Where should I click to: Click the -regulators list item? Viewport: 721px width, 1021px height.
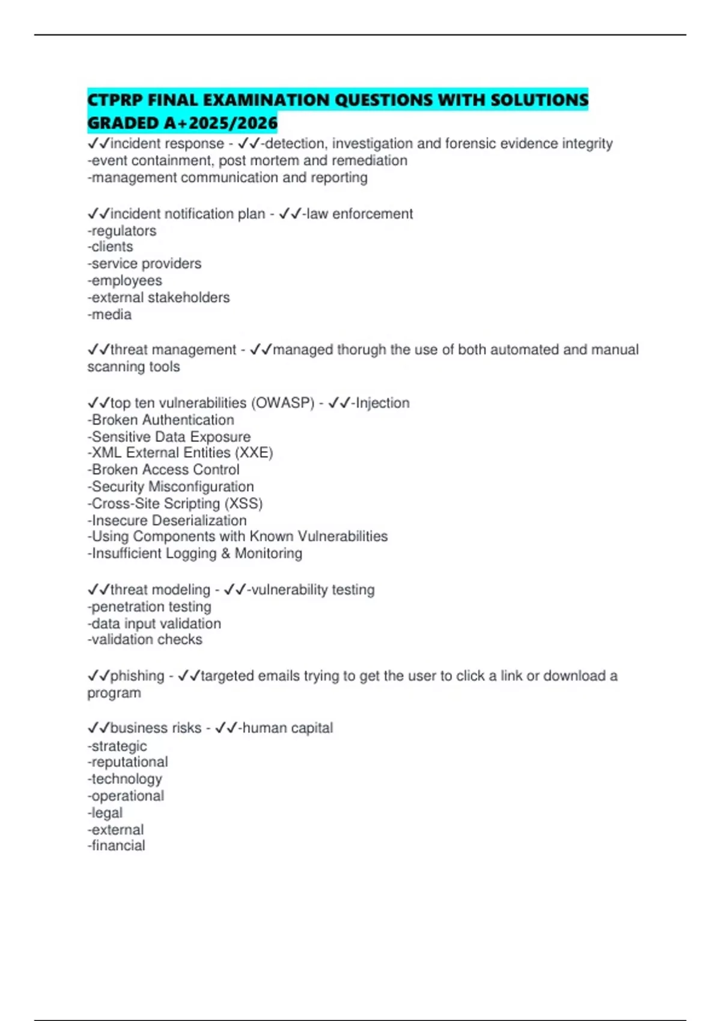click(122, 231)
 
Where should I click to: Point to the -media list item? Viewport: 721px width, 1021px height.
click(109, 314)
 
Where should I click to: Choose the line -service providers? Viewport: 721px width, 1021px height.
click(144, 264)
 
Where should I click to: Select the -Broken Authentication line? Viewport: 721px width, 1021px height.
click(161, 420)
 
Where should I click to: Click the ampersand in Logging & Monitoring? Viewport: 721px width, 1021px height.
click(226, 553)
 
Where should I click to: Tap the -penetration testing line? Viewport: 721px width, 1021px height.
click(150, 607)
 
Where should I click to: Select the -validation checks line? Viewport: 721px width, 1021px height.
click(145, 640)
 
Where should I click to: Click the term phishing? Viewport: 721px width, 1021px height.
click(137, 676)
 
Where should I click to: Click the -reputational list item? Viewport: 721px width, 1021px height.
click(128, 762)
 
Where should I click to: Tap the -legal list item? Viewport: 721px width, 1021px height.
click(105, 813)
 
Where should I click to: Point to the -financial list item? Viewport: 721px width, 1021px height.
click(117, 846)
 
